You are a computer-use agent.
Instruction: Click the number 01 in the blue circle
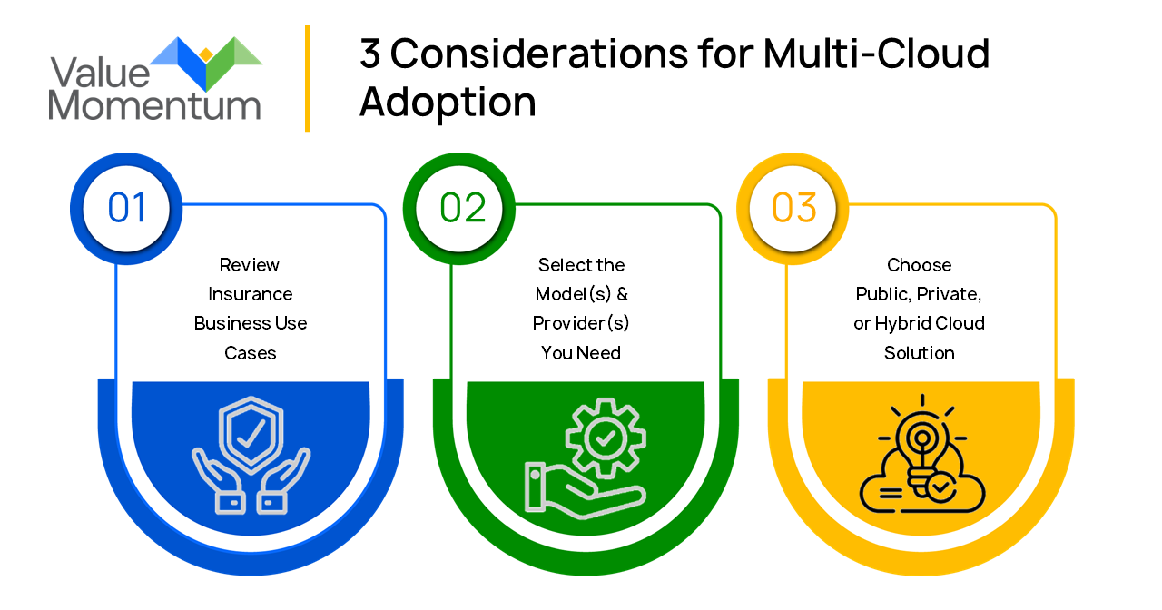pyautogui.click(x=126, y=208)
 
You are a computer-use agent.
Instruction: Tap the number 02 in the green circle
pyautogui.click(x=463, y=208)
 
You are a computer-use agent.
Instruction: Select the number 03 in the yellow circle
pyautogui.click(x=794, y=208)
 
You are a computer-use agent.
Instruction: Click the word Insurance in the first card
pyautogui.click(x=251, y=294)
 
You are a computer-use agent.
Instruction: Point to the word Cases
pyautogui.click(x=251, y=352)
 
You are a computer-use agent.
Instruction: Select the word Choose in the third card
pyautogui.click(x=920, y=265)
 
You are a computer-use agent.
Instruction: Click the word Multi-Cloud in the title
pyautogui.click(x=876, y=54)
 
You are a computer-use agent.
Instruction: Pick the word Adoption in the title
pyautogui.click(x=448, y=102)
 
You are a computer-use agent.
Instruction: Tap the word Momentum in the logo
pyautogui.click(x=154, y=104)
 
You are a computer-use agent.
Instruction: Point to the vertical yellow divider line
pyautogui.click(x=308, y=78)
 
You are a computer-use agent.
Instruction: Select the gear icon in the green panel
pyautogui.click(x=604, y=438)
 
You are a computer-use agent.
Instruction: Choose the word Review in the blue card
pyautogui.click(x=250, y=265)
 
